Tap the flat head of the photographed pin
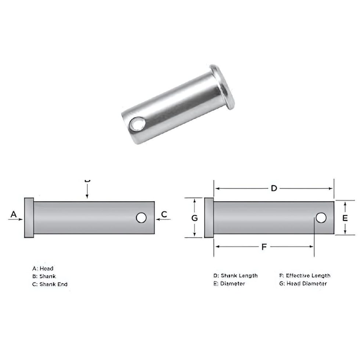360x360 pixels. coord(224,87)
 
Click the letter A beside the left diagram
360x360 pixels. coord(14,214)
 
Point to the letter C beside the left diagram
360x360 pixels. coord(164,214)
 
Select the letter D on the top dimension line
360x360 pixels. coord(274,188)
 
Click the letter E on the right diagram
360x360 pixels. coord(345,218)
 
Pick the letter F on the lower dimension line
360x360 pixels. coord(264,247)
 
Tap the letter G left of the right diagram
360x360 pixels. coord(195,218)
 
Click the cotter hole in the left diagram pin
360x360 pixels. coord(141,218)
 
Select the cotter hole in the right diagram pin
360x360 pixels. coord(321,218)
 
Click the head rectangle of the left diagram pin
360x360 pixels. coord(29,218)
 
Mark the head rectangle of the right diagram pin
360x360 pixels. coord(208,218)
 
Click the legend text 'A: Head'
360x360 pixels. coord(43,269)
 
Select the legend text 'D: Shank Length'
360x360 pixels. coord(235,276)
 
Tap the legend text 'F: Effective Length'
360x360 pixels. coord(305,276)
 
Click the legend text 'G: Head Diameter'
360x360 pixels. coord(303,284)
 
